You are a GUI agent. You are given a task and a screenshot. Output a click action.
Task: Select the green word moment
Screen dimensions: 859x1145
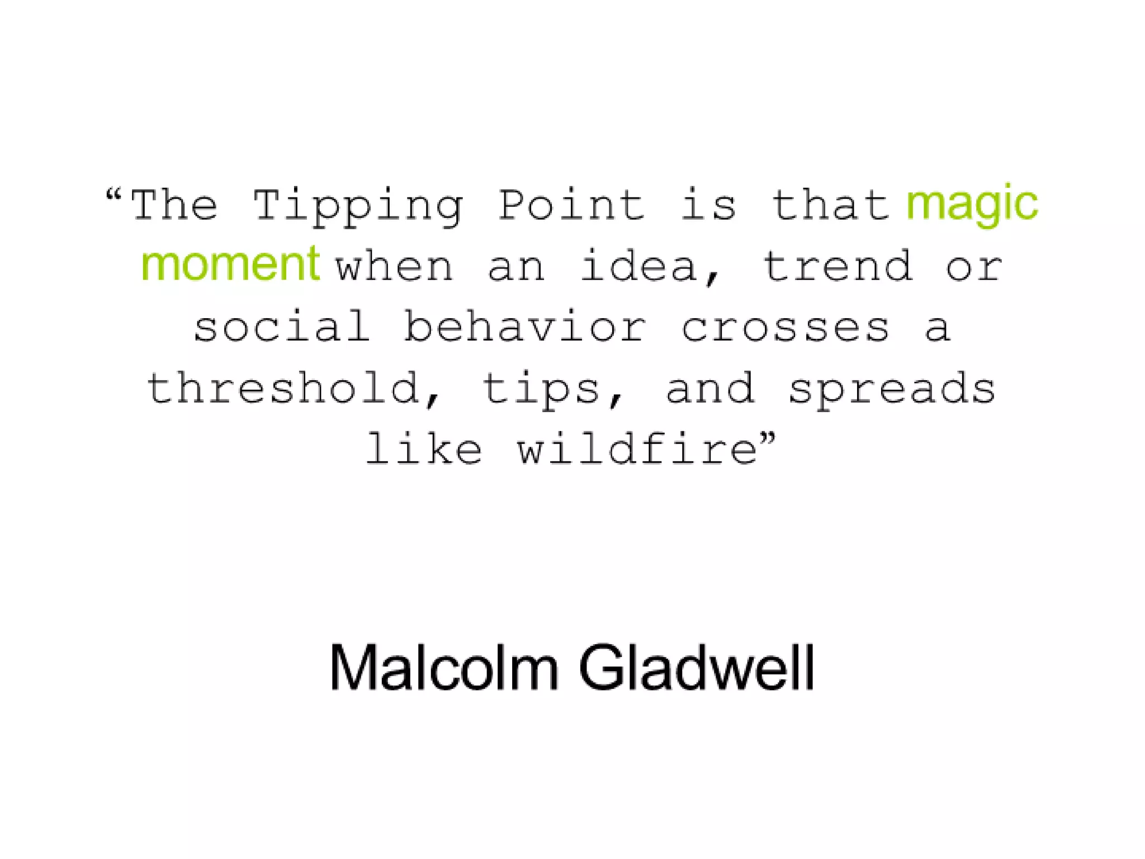pyautogui.click(x=230, y=264)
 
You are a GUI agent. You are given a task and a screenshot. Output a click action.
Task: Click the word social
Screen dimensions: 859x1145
pyautogui.click(x=282, y=327)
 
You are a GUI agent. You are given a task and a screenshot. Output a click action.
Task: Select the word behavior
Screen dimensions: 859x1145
pyautogui.click(x=525, y=327)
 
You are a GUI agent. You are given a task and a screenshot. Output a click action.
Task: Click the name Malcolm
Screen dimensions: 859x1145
pyautogui.click(x=444, y=668)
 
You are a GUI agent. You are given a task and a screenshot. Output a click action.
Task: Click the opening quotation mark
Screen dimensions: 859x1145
pyautogui.click(x=113, y=196)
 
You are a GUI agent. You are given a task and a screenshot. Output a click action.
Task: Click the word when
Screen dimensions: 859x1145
pyautogui.click(x=394, y=267)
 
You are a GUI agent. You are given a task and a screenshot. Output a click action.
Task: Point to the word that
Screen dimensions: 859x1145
pyautogui.click(x=831, y=206)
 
